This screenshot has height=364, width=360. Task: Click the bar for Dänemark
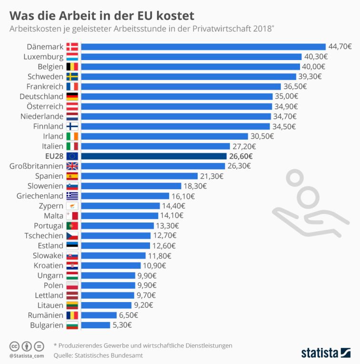click(x=203, y=47)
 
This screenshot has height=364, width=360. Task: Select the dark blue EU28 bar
click(x=154, y=156)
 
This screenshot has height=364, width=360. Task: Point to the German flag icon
click(x=72, y=96)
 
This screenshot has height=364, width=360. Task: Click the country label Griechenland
click(x=40, y=196)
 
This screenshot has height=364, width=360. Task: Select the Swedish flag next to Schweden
click(x=72, y=77)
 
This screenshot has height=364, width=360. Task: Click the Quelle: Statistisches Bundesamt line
click(x=98, y=355)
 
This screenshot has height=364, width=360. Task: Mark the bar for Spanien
click(x=140, y=176)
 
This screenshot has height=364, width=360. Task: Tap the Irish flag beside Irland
click(x=72, y=136)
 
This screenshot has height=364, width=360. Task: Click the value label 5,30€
click(x=122, y=325)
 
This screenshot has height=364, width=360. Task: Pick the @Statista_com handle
click(x=26, y=355)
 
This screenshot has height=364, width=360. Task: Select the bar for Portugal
click(x=118, y=225)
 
